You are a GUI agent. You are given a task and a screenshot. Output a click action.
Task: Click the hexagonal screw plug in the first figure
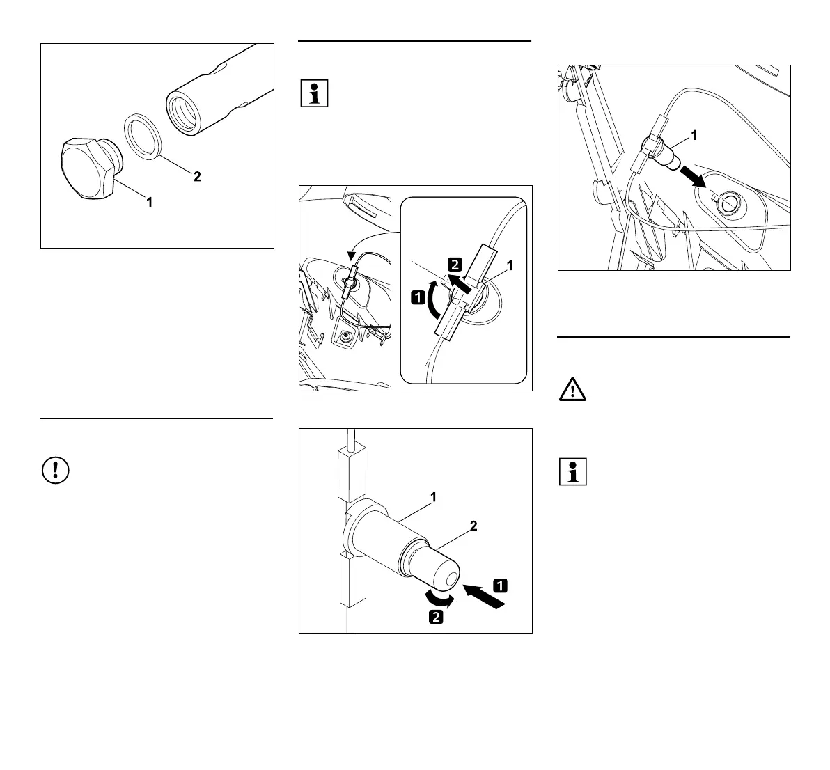point(85,168)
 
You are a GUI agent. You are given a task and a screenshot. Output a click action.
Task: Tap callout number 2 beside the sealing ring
point(197,177)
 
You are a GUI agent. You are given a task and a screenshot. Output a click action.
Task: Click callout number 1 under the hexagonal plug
point(148,203)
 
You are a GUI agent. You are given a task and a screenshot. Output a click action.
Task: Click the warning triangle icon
point(572,390)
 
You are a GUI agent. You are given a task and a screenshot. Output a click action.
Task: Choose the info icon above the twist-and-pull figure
point(313,94)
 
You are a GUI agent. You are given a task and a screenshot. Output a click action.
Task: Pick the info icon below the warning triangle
point(572,471)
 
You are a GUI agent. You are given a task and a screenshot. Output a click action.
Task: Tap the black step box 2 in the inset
point(454,265)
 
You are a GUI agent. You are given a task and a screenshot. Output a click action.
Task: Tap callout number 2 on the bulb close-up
point(473,527)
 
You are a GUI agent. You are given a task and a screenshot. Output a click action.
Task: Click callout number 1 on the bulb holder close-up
point(433,497)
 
